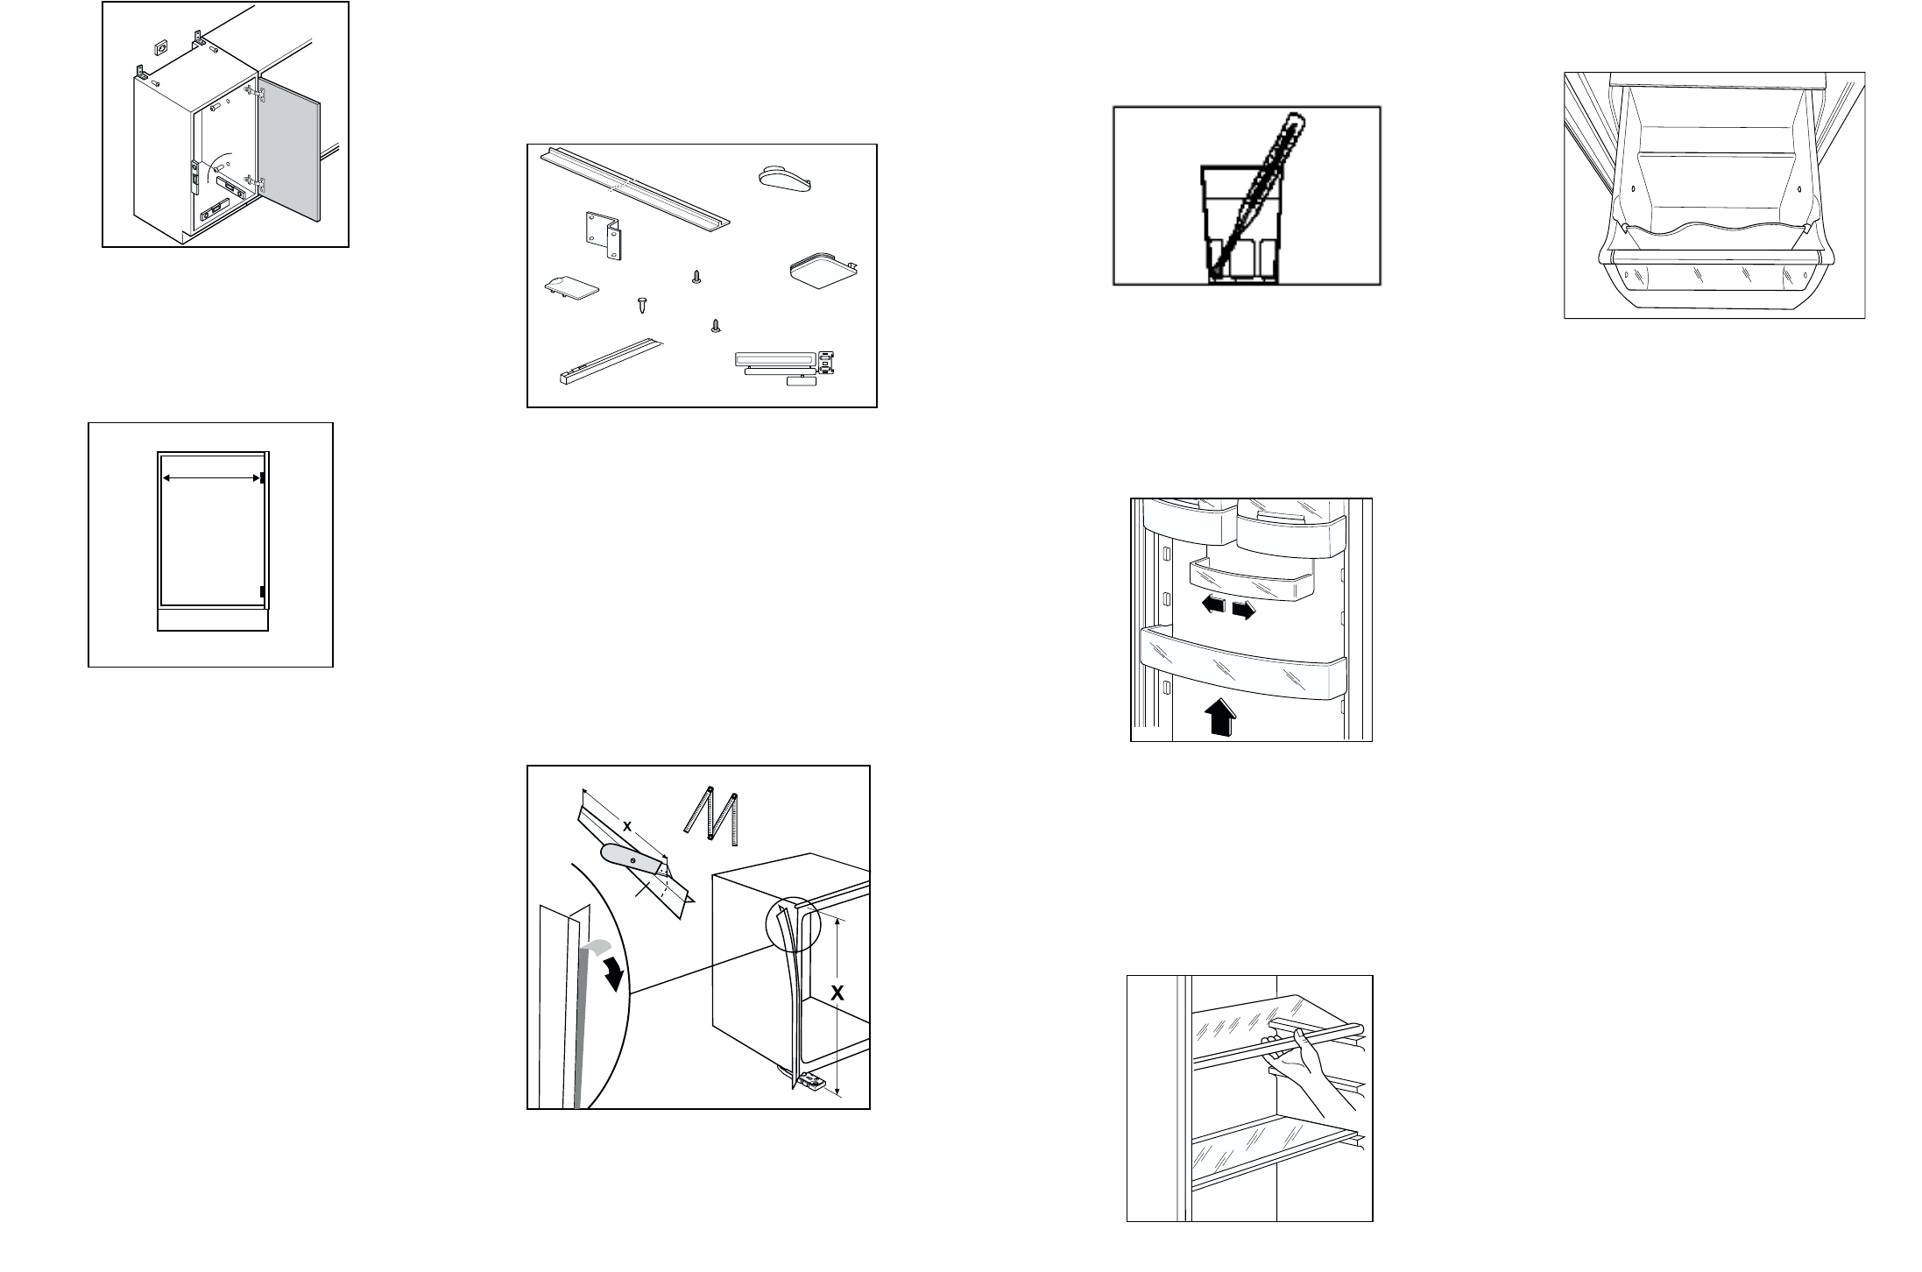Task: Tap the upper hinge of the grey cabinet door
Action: click(x=259, y=92)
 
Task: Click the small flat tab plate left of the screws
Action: click(x=571, y=287)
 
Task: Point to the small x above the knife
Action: click(x=627, y=825)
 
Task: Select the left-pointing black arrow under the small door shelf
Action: click(x=1214, y=604)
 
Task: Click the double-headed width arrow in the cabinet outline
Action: click(x=211, y=477)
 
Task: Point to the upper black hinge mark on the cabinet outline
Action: click(x=263, y=477)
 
